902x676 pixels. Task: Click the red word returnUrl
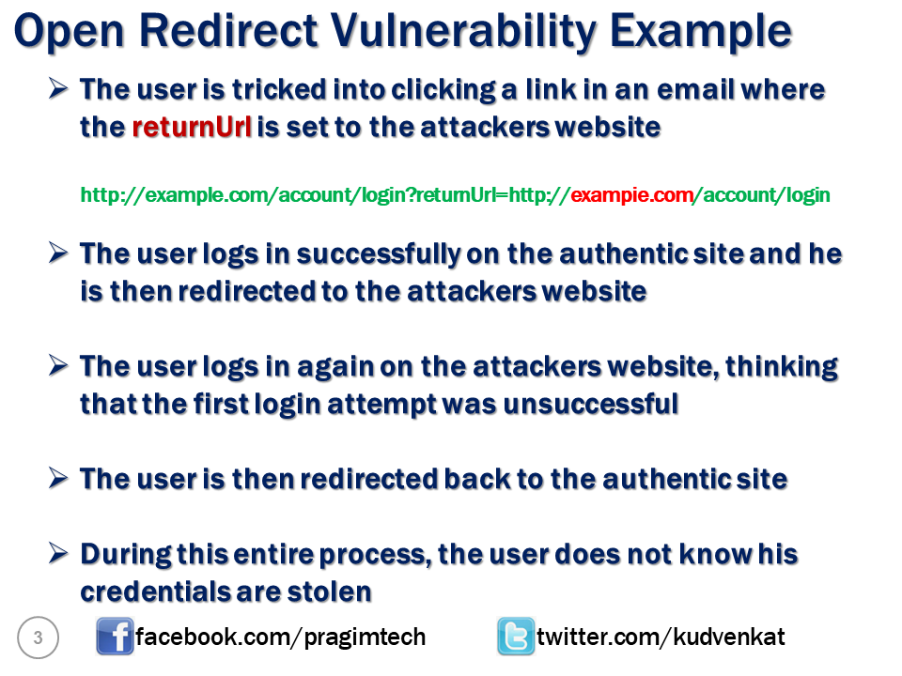click(x=192, y=128)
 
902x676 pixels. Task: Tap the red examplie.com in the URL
click(x=631, y=195)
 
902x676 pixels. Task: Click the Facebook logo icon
click(x=115, y=638)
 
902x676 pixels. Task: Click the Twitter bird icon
click(x=516, y=638)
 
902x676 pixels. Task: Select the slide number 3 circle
click(x=39, y=638)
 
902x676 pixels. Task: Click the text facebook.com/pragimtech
click(x=281, y=638)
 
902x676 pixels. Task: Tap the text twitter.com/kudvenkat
click(x=661, y=638)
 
